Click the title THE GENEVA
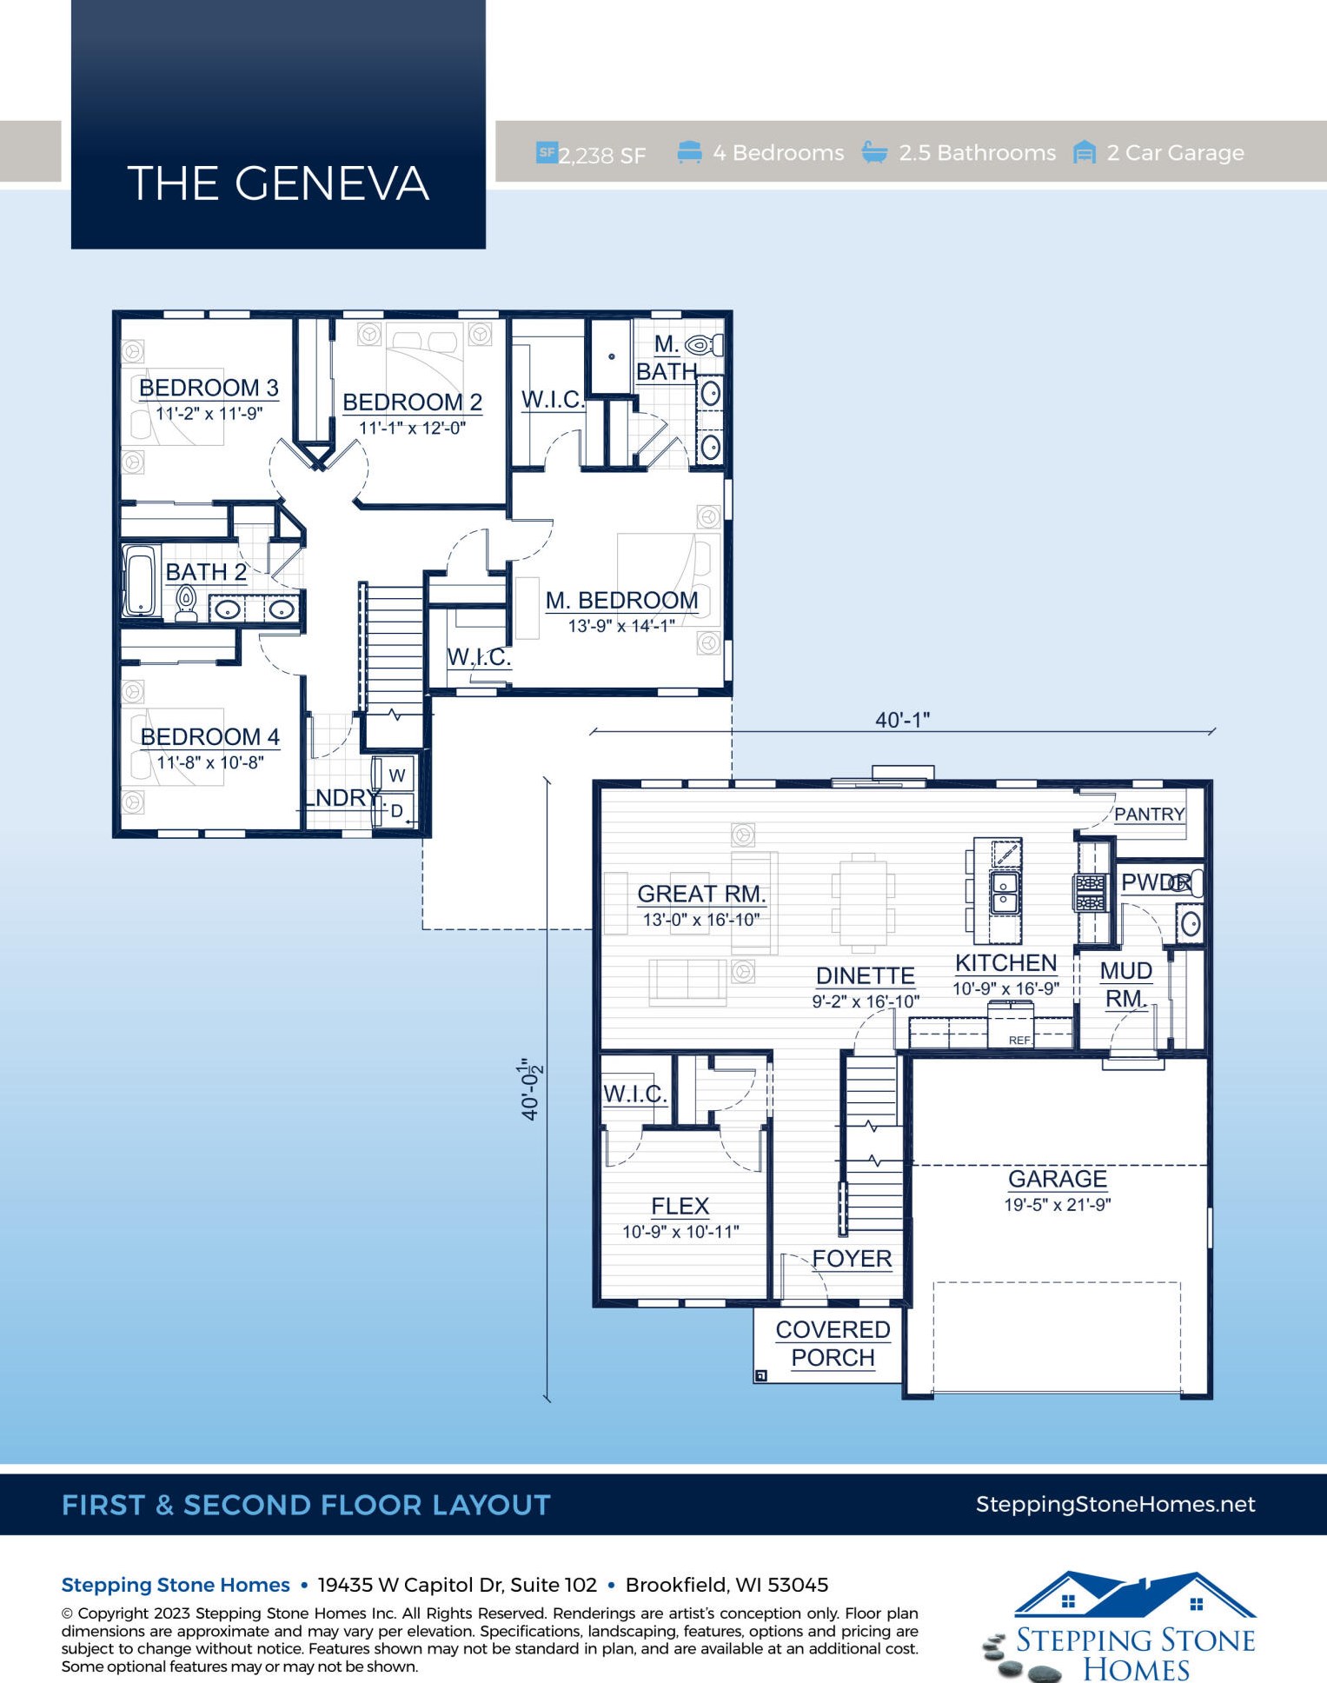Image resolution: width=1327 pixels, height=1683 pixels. point(278,183)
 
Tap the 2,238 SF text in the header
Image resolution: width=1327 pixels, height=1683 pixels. point(601,156)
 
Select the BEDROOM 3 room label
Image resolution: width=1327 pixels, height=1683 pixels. point(209,388)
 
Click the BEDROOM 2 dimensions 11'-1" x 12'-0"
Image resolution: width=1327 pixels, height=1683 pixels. point(413,428)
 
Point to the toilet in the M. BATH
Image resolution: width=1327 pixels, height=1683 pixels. point(704,345)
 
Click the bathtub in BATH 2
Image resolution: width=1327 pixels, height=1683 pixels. point(139,580)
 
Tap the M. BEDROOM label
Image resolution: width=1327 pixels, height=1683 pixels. point(622,600)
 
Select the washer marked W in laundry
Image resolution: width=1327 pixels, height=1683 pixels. point(396,775)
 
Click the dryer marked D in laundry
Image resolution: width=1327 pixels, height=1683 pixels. point(396,811)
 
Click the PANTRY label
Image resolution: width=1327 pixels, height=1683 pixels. point(1150,814)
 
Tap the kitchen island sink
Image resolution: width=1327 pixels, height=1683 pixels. point(1005,892)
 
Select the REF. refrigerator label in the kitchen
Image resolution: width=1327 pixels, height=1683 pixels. point(1019,1040)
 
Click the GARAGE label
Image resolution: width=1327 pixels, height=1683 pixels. point(1058,1179)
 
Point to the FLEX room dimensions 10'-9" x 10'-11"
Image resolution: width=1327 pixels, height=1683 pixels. point(680,1231)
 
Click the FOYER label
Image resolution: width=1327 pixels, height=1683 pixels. point(852,1259)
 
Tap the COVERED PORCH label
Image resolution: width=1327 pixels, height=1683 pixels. point(833,1343)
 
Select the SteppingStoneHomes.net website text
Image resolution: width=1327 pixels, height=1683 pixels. point(1115,1505)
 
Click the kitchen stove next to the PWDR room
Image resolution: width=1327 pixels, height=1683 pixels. point(1091,893)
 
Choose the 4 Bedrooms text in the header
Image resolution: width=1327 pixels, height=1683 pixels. point(779,153)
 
